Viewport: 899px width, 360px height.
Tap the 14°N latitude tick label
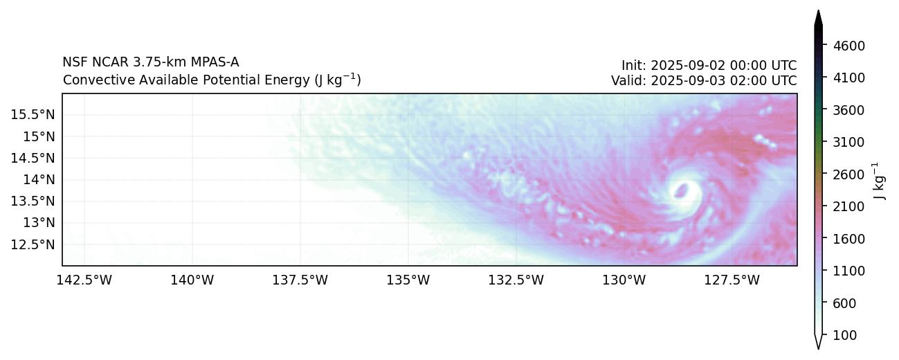coord(39,179)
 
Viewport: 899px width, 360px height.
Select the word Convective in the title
coord(92,80)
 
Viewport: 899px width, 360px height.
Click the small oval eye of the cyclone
coord(682,189)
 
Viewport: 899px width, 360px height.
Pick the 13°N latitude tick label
coord(39,223)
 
